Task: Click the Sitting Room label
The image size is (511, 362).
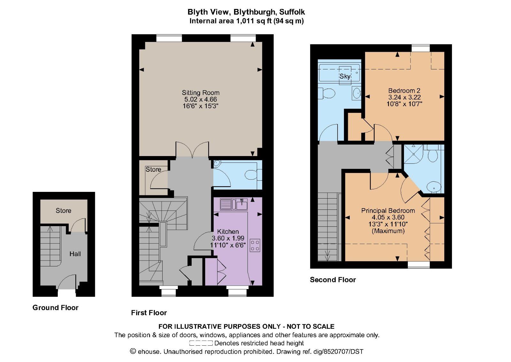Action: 201,93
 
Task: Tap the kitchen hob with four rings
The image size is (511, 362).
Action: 255,245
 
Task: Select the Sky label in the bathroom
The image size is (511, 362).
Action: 345,76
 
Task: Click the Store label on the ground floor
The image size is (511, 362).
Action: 63,210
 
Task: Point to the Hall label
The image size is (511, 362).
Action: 75,254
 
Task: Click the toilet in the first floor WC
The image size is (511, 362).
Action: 251,175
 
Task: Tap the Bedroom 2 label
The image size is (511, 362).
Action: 404,90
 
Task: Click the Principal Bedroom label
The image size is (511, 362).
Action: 388,210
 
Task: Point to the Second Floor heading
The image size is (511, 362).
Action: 332,279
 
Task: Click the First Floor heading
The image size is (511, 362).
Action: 149,312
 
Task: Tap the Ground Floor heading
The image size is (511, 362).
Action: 55,307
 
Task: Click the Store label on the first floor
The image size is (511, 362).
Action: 153,169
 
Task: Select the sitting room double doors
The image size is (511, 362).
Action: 192,150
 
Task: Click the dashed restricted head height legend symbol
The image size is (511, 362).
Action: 201,343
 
